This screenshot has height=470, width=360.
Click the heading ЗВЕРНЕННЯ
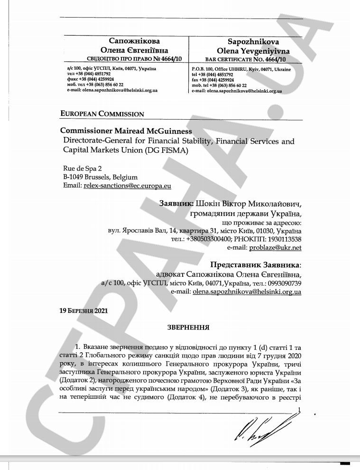189,328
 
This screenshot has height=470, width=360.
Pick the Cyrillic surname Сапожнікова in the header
135,41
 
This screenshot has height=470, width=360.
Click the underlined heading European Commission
102,114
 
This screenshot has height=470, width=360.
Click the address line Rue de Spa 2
82,168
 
